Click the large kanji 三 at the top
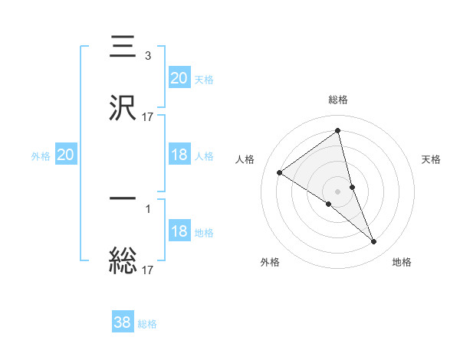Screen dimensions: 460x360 [123, 47]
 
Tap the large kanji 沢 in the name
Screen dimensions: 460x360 [123, 107]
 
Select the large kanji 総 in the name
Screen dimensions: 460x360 [123, 259]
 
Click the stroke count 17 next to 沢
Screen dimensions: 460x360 [148, 117]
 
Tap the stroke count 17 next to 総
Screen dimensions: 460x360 [148, 270]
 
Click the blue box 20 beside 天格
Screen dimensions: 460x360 [179, 78]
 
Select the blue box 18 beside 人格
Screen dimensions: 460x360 [179, 155]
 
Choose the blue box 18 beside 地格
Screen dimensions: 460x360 [179, 232]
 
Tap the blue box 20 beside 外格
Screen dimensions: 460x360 [66, 155]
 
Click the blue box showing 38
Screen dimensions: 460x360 [123, 322]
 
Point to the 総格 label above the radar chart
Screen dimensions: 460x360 [338, 100]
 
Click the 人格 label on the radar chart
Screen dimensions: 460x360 [245, 159]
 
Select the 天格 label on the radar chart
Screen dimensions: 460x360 [432, 159]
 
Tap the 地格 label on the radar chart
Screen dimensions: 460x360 [402, 263]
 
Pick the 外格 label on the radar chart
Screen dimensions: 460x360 [270, 263]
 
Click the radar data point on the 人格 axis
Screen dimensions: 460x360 [280, 172]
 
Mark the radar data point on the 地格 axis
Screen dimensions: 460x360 [374, 242]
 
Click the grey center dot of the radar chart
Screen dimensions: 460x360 [338, 191]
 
